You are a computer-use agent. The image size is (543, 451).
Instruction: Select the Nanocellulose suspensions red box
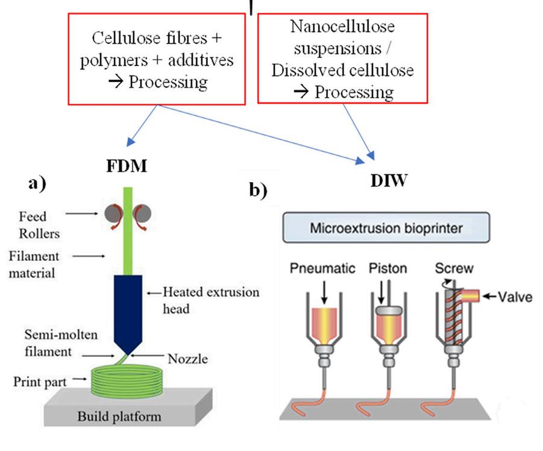342,58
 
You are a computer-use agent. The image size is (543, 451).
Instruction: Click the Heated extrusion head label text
211,300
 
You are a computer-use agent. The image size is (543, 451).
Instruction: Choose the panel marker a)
37,184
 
